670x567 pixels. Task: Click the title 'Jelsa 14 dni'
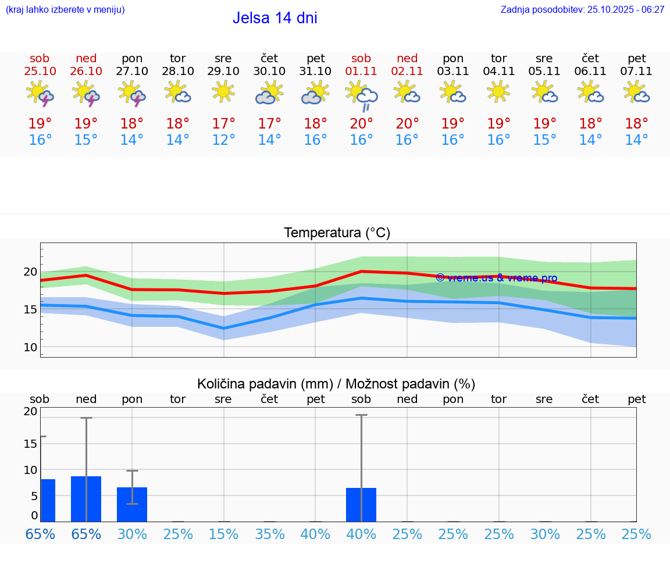[275, 18]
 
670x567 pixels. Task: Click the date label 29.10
[223, 71]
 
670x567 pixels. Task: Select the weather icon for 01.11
[361, 95]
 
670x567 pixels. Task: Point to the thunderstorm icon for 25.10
[40, 94]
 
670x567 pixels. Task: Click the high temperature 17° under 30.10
[269, 123]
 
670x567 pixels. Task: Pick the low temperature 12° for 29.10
[223, 140]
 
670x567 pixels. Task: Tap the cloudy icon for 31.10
[315, 93]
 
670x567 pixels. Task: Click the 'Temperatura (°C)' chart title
[337, 233]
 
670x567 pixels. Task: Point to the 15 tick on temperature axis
[30, 309]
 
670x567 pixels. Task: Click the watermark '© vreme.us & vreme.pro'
[496, 278]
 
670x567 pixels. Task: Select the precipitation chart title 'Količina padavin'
[336, 384]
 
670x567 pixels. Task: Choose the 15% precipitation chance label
[223, 534]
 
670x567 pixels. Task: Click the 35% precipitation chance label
[269, 534]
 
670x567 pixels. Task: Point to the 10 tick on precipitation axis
[30, 469]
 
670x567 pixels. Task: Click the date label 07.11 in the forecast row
[637, 71]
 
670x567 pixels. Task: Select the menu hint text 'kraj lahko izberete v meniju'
[65, 9]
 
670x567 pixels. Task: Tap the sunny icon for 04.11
[498, 92]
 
